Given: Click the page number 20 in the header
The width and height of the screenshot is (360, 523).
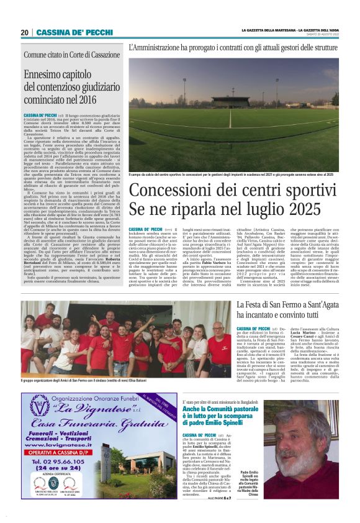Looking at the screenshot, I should click(24, 32).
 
